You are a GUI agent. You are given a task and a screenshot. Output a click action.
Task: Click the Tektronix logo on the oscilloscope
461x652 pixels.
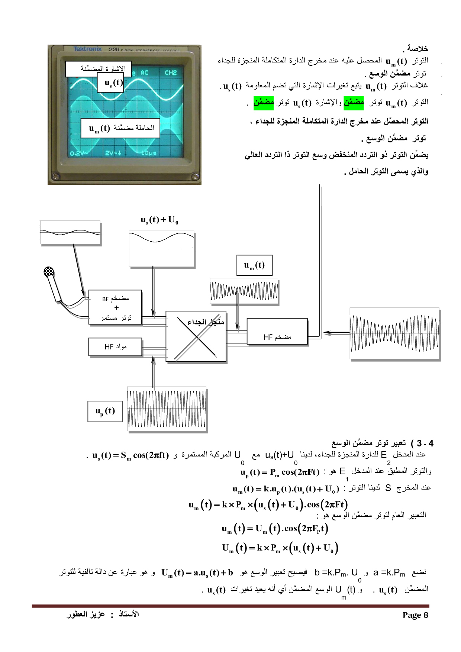pyautogui.click(x=87, y=49)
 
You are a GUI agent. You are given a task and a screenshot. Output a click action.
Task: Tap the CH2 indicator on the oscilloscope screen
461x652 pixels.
pyautogui.click(x=171, y=73)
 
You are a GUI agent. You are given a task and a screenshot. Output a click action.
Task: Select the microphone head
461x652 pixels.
pyautogui.click(x=49, y=272)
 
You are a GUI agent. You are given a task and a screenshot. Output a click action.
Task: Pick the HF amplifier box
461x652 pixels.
pyautogui.click(x=277, y=332)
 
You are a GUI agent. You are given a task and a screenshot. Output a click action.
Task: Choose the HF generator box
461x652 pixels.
pyautogui.click(x=115, y=347)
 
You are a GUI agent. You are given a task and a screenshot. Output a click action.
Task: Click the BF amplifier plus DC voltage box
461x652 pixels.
pyautogui.click(x=115, y=307)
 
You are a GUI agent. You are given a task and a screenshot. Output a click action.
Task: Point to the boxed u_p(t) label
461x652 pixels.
pyautogui.click(x=105, y=411)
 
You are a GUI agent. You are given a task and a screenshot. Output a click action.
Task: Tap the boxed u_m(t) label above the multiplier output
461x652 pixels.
pyautogui.click(x=254, y=265)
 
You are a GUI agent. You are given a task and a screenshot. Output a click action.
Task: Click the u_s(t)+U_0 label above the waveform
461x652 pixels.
pyautogui.click(x=159, y=220)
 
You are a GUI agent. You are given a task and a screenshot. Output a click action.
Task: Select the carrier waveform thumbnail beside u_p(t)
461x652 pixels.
pyautogui.click(x=167, y=409)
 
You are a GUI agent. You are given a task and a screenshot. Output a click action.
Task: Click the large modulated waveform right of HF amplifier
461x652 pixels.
pyautogui.click(x=394, y=333)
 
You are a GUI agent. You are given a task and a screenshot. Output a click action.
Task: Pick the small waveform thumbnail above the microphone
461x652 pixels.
pyautogui.click(x=70, y=233)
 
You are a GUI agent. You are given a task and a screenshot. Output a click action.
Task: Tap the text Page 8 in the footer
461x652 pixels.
pyautogui.click(x=415, y=615)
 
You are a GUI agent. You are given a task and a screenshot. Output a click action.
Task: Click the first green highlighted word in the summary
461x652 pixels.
pyautogui.click(x=354, y=102)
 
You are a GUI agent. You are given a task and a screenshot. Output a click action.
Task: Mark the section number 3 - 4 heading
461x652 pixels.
pyautogui.click(x=425, y=443)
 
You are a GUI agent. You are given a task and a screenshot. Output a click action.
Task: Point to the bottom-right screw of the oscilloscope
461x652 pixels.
pyautogui.click(x=195, y=177)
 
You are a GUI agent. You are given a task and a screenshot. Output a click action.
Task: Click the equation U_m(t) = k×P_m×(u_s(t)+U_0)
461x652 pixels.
pyautogui.click(x=280, y=548)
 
